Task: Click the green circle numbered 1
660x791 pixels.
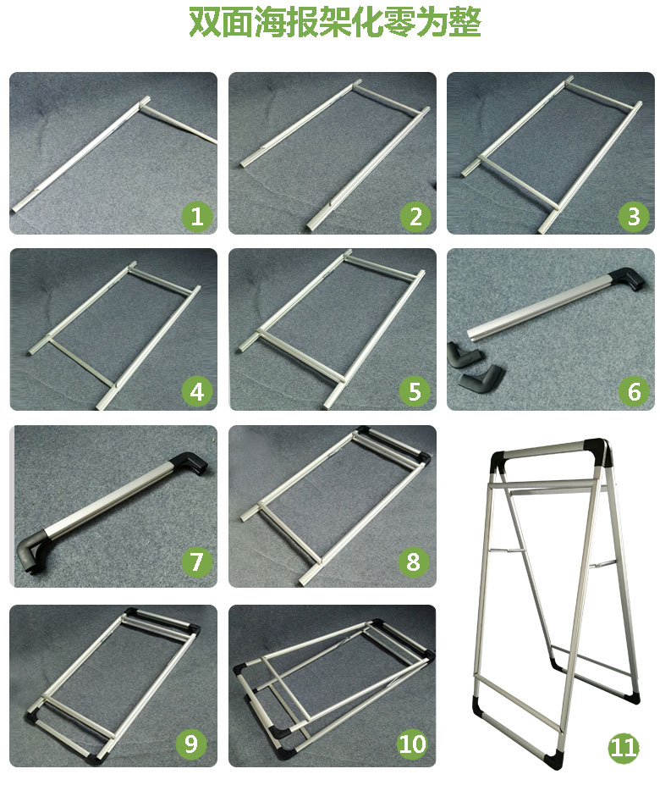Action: (x=197, y=217)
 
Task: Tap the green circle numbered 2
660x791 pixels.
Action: (x=415, y=217)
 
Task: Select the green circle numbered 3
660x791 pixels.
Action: (x=634, y=217)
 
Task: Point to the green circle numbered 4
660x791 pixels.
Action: (x=197, y=392)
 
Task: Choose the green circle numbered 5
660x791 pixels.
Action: (x=415, y=392)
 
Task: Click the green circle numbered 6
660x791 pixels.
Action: (x=634, y=392)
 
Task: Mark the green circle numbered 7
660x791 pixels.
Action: (x=196, y=561)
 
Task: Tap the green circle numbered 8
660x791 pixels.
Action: (x=414, y=561)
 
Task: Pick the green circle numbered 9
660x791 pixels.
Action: (x=191, y=744)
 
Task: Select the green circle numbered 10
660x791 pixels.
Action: (x=412, y=744)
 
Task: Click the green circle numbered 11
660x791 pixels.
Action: (x=624, y=747)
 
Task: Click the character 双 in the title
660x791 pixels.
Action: (x=205, y=22)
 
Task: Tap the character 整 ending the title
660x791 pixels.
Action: (x=465, y=22)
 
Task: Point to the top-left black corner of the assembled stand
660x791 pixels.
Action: (x=499, y=460)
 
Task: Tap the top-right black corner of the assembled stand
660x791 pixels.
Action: (x=598, y=451)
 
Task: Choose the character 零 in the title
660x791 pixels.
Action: (x=400, y=22)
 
